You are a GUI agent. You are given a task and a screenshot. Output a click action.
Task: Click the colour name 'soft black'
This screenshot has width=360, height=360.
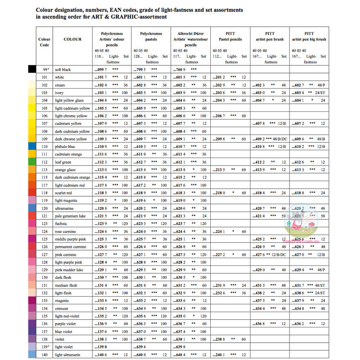pyautogui.click(x=63, y=70)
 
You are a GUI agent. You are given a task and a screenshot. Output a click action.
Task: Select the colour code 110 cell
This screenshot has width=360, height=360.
pyautogui.click(x=44, y=146)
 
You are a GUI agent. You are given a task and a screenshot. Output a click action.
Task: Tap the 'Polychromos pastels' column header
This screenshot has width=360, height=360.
pyautogui.click(x=152, y=37)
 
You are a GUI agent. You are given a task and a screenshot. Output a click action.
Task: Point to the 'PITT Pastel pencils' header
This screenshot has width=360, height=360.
pyautogui.click(x=231, y=37)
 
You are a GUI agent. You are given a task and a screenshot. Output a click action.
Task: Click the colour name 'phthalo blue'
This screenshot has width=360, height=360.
pyautogui.click(x=65, y=146)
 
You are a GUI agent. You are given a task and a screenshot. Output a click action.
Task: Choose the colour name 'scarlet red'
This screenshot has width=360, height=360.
pyautogui.click(x=65, y=192)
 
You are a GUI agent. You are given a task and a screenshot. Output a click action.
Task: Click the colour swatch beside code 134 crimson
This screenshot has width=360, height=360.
pyautogui.click(x=32, y=309)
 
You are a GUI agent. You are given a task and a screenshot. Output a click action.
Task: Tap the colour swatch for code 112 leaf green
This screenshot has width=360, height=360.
pyautogui.click(x=32, y=162)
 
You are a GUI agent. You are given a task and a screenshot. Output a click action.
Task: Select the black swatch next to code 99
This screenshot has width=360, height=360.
pyautogui.click(x=32, y=70)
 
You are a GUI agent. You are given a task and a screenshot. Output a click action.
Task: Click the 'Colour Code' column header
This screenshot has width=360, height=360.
pyautogui.click(x=44, y=42)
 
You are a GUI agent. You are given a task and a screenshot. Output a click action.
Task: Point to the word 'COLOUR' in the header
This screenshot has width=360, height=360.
pyautogui.click(x=72, y=39)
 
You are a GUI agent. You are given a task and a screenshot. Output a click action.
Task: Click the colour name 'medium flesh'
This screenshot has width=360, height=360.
pyautogui.click(x=66, y=285)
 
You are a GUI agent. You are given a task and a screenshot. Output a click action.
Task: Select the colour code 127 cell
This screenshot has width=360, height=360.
pyautogui.click(x=44, y=254)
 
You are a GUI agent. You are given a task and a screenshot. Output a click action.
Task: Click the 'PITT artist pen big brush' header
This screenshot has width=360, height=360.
pyautogui.click(x=310, y=37)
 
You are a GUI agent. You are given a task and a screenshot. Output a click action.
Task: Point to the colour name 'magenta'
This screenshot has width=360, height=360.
pyautogui.click(x=62, y=300)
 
